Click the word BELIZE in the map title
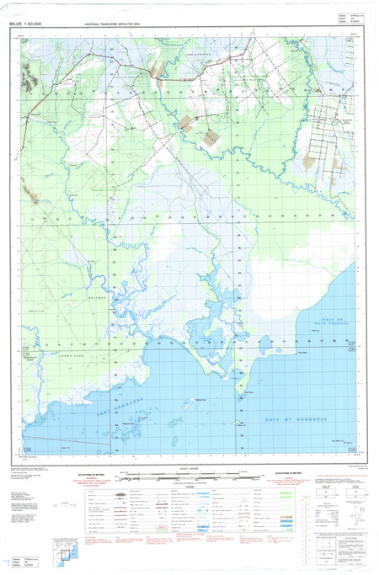16,26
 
